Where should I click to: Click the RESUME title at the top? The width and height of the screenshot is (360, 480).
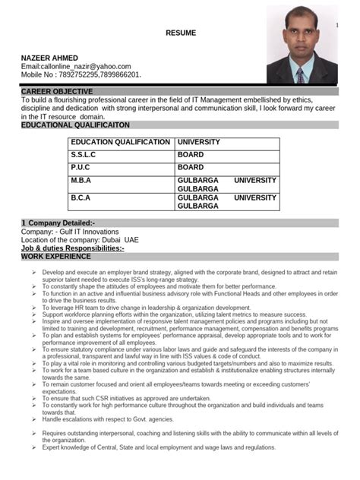pyautogui.click(x=181, y=33)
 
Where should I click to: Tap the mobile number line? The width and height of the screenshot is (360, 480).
pyautogui.click(x=81, y=75)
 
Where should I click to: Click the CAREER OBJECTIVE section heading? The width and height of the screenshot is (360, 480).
pyautogui.click(x=58, y=91)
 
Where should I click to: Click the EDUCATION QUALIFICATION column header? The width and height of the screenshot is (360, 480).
pyautogui.click(x=121, y=142)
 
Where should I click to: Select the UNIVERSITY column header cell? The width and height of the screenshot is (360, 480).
pyautogui.click(x=199, y=142)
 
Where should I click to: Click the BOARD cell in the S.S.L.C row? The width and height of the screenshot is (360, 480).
pyautogui.click(x=191, y=154)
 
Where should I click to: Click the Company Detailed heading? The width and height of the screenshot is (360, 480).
pyautogui.click(x=58, y=222)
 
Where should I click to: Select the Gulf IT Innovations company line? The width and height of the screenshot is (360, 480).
pyautogui.click(x=70, y=231)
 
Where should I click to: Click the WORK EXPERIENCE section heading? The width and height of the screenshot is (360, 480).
pyautogui.click(x=57, y=257)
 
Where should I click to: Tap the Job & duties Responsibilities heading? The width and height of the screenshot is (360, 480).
pyautogui.click(x=73, y=248)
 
